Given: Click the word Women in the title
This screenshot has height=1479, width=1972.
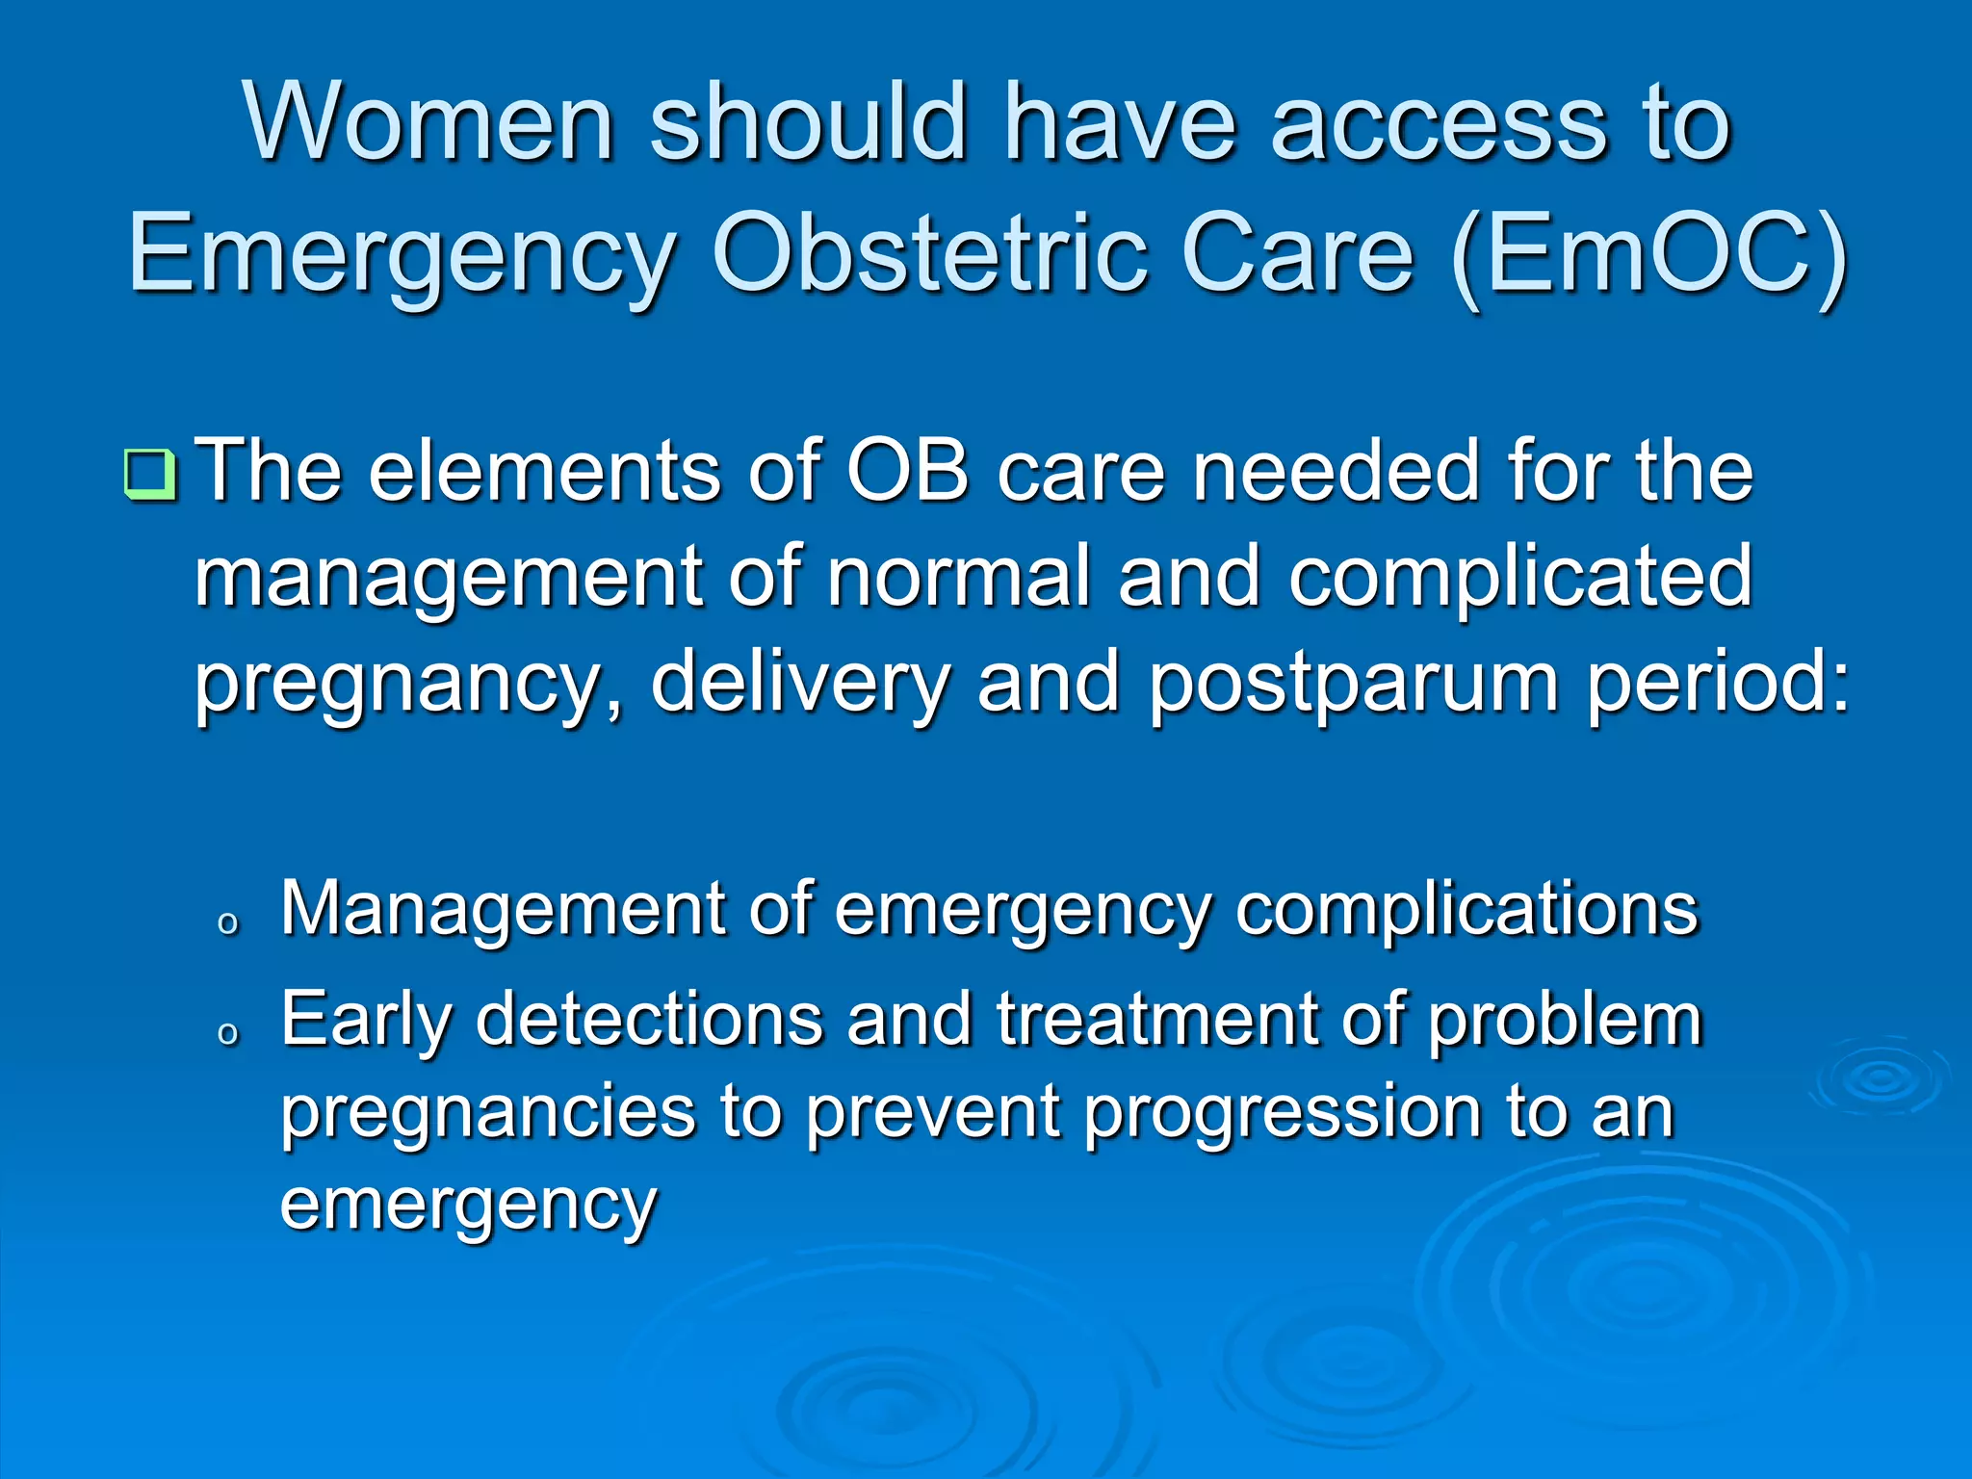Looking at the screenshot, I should coord(428,123).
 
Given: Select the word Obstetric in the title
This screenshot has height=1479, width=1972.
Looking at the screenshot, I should coord(929,255).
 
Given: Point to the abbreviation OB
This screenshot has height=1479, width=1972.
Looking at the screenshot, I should coord(906,472).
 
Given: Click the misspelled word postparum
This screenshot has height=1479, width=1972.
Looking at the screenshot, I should coord(1353,684).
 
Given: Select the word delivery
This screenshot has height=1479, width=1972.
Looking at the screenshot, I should coord(800,684).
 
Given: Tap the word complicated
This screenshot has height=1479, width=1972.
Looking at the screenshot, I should coord(1520,578).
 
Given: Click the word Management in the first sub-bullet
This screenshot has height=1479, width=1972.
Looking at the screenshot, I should coord(502,910).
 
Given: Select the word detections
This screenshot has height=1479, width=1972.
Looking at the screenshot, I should coord(649,1020).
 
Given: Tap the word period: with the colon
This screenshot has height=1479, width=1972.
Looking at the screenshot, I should coord(1718,684).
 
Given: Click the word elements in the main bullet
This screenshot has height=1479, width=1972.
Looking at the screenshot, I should coord(544,472).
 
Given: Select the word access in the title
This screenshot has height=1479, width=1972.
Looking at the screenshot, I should coord(1439,123).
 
